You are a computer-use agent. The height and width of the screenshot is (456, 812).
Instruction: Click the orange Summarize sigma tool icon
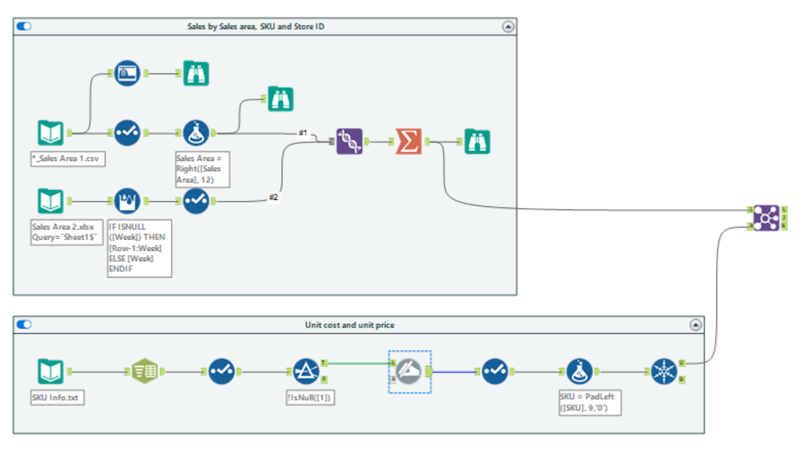click(x=408, y=141)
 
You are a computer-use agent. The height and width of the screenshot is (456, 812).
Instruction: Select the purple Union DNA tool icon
click(x=349, y=141)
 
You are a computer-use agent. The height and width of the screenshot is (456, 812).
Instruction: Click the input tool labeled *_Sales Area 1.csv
click(x=51, y=133)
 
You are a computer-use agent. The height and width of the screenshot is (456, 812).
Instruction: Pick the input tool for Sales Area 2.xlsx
click(x=51, y=201)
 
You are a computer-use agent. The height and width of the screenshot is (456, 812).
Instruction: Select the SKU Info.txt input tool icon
click(x=51, y=371)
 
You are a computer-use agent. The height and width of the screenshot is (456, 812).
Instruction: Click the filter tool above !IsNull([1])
click(x=306, y=371)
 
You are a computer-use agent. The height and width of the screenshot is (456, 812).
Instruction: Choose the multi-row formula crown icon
click(x=128, y=201)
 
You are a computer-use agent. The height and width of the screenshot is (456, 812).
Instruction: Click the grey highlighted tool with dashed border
click(x=410, y=371)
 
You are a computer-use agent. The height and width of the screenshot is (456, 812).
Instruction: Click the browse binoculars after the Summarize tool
click(x=477, y=141)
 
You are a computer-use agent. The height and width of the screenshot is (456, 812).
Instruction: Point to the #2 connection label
click(x=273, y=197)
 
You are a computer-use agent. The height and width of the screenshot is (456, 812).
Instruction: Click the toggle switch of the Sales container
click(x=25, y=27)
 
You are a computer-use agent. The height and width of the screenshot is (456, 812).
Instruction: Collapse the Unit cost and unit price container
click(x=695, y=325)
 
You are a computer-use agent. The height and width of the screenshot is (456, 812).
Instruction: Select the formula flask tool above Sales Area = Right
click(x=196, y=133)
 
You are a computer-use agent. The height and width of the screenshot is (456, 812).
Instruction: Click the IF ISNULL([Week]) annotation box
click(x=139, y=247)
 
